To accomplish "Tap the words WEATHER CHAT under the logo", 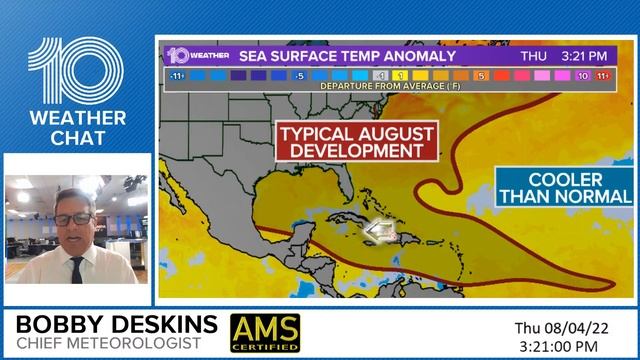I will tap(76, 129).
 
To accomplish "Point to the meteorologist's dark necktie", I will tap(77, 271).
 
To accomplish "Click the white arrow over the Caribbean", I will tap(376, 233).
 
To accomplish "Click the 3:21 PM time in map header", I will tap(587, 56).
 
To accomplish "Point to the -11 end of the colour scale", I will tap(175, 75).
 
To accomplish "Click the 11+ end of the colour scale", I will tap(603, 75).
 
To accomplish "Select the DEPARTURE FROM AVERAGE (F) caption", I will tap(390, 87).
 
